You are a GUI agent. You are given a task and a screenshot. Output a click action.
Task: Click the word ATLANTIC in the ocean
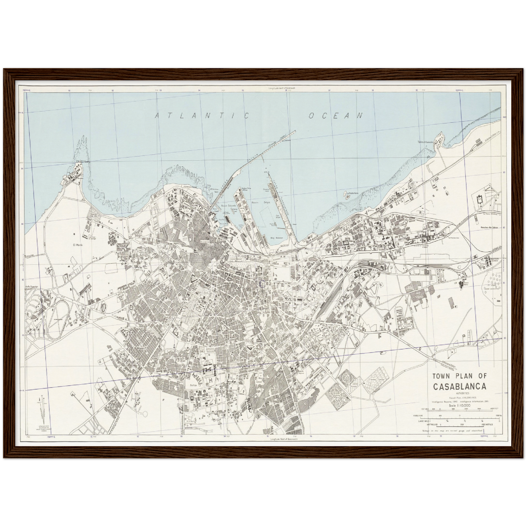point(202,116)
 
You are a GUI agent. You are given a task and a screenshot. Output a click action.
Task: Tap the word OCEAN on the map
point(336,116)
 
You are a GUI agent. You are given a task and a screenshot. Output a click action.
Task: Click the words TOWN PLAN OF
point(462,376)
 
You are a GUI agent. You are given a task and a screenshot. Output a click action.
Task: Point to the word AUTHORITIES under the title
point(461,394)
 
